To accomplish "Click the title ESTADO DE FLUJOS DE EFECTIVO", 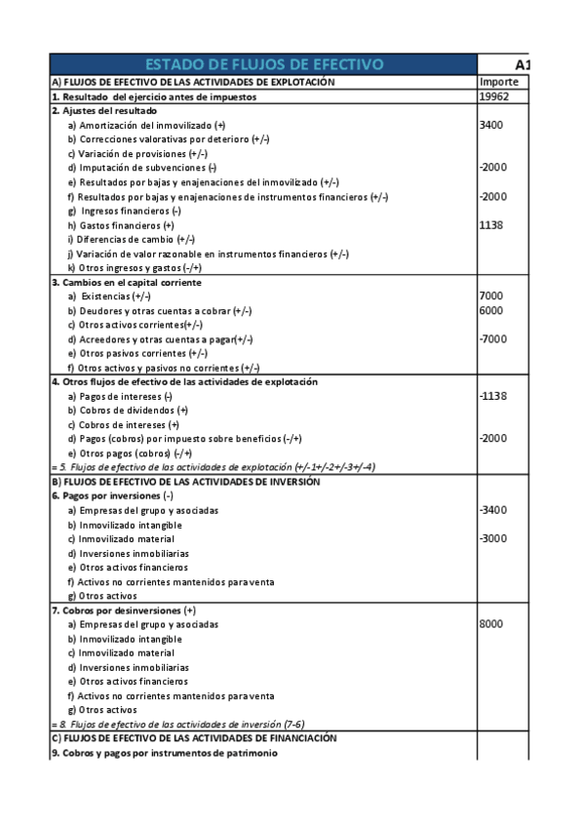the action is [263, 65].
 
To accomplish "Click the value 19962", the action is [495, 97].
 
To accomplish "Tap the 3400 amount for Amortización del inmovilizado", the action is [491, 125].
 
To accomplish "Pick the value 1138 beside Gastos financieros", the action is [491, 225].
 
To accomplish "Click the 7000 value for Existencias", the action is [491, 295].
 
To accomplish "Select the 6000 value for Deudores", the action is [491, 310].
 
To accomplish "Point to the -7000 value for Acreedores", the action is [493, 338].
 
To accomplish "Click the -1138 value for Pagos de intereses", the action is [493, 396].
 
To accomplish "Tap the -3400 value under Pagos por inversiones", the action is [493, 510].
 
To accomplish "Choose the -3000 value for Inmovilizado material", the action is [493, 538].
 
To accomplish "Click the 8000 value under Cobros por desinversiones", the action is [491, 624].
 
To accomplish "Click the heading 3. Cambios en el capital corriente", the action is [126, 282].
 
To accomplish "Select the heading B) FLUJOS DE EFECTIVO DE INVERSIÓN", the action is [184, 482].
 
